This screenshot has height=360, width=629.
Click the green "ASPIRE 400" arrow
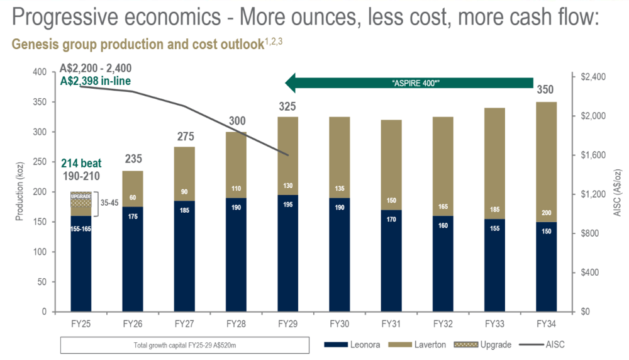pyautogui.click(x=409, y=83)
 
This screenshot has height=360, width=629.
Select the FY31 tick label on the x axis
pyautogui.click(x=391, y=324)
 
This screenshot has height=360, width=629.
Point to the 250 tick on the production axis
pyautogui.click(x=40, y=162)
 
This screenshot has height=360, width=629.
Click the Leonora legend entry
pyautogui.click(x=352, y=345)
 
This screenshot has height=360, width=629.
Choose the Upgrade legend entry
pyautogui.click(x=482, y=345)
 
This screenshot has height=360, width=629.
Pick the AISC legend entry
pyautogui.click(x=542, y=344)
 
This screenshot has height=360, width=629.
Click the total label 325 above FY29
pyautogui.click(x=287, y=106)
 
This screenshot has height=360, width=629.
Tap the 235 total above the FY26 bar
pyautogui.click(x=133, y=159)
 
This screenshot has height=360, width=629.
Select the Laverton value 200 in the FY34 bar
pyautogui.click(x=547, y=213)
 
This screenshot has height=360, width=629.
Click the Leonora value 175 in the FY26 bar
pyautogui.click(x=133, y=217)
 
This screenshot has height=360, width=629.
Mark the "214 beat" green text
pyautogui.click(x=81, y=164)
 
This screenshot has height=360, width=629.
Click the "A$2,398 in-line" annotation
pyautogui.click(x=96, y=81)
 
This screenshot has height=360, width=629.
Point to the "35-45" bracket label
pyautogui.click(x=109, y=203)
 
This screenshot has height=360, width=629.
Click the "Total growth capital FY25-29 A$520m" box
pyautogui.click(x=185, y=345)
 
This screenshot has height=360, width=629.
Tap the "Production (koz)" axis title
pyautogui.click(x=19, y=191)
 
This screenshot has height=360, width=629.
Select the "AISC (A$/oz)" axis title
pyautogui.click(x=617, y=193)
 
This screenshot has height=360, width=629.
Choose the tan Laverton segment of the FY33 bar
pyautogui.click(x=494, y=164)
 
